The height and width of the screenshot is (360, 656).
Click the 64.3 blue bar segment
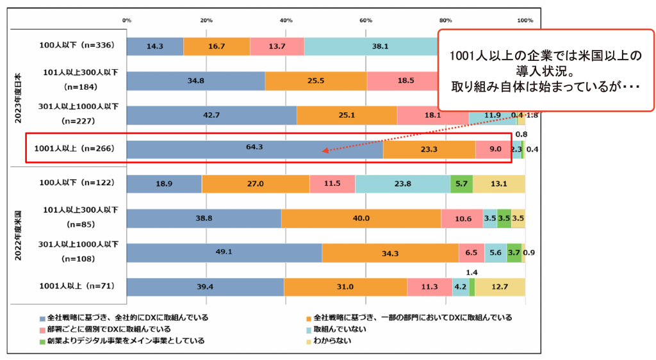click(x=255, y=147)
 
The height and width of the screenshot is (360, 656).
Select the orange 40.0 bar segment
click(x=361, y=218)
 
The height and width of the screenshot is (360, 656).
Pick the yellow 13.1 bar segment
click(x=498, y=183)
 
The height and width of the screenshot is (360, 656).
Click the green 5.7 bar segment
click(x=461, y=183)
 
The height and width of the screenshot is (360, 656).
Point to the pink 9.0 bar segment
click(x=493, y=148)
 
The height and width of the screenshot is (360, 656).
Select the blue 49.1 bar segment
click(x=224, y=253)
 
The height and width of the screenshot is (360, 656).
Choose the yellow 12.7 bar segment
click(x=500, y=287)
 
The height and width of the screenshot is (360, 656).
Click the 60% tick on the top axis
click(x=366, y=20)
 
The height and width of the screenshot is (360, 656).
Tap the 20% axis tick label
click(x=206, y=20)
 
